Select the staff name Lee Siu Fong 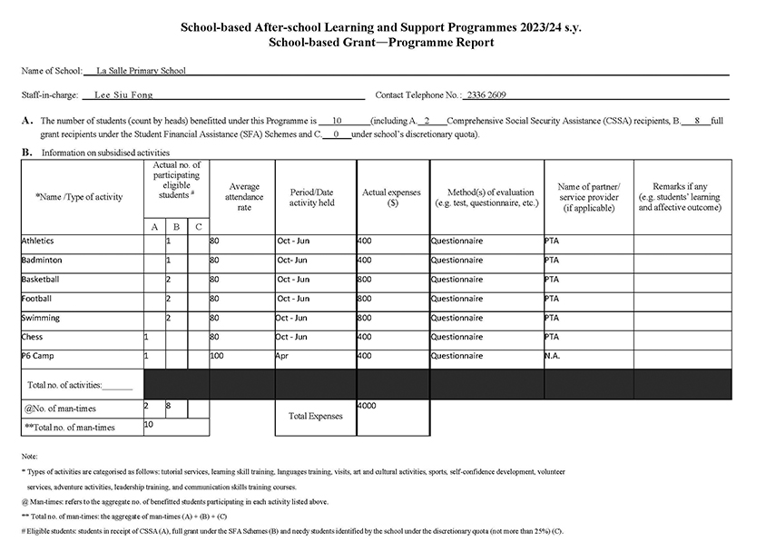pos(124,94)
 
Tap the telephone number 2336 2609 pos(486,94)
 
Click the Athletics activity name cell pos(37,241)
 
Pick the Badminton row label pos(41,261)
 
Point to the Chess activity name pos(32,337)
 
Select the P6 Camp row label pos(37,356)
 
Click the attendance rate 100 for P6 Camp pos(217,356)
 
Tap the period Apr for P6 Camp pos(282,356)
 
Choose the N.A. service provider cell pos(554,356)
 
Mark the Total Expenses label pos(316,416)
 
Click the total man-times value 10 pos(149,424)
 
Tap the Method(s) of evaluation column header pos(486,197)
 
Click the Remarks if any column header pos(680,197)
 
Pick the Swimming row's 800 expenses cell pos(365,318)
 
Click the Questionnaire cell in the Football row pos(457,299)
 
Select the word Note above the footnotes pos(29,456)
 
